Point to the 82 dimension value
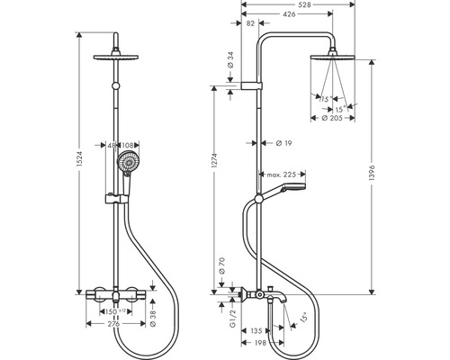click(x=250, y=27)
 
